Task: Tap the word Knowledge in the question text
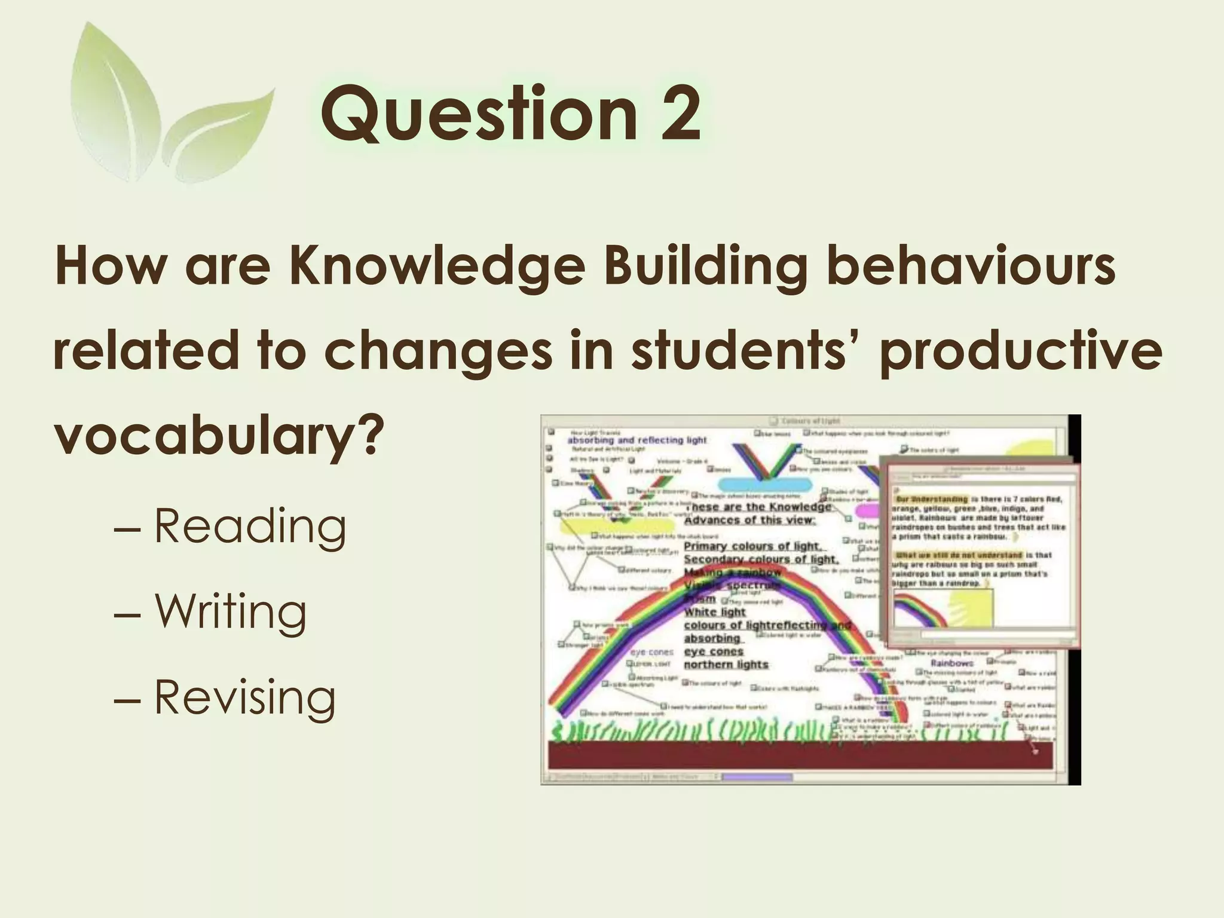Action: pyautogui.click(x=436, y=266)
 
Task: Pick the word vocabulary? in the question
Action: pyautogui.click(x=218, y=436)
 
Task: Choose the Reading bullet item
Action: pyautogui.click(x=250, y=526)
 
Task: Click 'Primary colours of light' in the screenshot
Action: pyautogui.click(x=752, y=546)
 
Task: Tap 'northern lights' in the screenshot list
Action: pyautogui.click(x=726, y=665)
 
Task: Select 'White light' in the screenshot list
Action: pyautogui.click(x=715, y=612)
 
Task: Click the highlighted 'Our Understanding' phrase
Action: pyautogui.click(x=931, y=499)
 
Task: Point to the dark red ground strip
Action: pyautogui.click(x=801, y=755)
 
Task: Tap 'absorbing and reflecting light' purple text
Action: pyautogui.click(x=637, y=440)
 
